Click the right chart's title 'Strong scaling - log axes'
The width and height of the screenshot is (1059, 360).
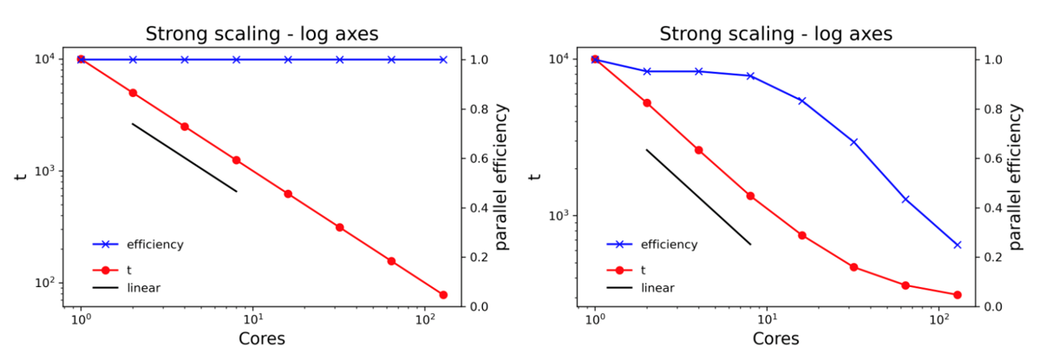[775, 35]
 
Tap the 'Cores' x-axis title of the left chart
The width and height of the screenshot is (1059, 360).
[261, 338]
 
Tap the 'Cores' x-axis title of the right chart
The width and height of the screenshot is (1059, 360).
[775, 338]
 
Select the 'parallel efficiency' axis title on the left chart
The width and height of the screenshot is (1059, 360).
[502, 177]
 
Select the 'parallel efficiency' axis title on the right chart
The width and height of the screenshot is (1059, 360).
[1016, 177]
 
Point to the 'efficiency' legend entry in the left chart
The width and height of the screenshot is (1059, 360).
[154, 245]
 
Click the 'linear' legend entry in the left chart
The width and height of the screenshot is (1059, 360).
[143, 288]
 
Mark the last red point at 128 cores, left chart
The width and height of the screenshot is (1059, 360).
[443, 295]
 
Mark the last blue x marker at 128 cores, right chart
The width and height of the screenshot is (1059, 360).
[958, 245]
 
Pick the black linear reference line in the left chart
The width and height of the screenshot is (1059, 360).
[184, 157]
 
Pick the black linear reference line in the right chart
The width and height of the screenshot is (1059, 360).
[698, 197]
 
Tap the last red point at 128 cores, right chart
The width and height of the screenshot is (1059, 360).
[958, 295]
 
